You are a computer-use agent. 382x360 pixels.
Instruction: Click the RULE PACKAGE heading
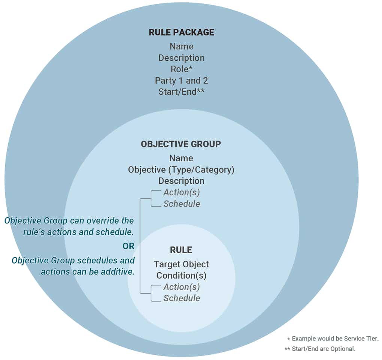coord(181,32)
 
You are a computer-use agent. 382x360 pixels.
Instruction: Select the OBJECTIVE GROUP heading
coord(181,144)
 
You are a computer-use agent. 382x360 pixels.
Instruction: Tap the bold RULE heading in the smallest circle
coord(181,250)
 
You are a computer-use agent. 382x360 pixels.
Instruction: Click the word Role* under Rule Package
coord(181,69)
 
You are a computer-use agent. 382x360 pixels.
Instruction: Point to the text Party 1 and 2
coord(181,81)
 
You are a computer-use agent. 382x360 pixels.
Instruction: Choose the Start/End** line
coord(181,92)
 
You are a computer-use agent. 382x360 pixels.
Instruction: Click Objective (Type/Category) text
coord(181,169)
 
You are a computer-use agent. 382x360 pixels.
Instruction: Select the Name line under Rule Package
coord(181,46)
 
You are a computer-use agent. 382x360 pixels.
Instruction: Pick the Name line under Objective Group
coord(181,158)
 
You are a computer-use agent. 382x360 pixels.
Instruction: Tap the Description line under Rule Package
coord(181,58)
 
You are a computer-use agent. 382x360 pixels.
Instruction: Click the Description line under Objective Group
coord(181,181)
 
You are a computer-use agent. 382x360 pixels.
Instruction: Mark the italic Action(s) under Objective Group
coord(182,192)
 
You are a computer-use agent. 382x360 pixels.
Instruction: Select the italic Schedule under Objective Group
coord(182,204)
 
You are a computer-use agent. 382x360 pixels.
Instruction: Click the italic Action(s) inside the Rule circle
coord(182,287)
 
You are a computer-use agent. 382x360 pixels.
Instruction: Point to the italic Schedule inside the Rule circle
coord(182,298)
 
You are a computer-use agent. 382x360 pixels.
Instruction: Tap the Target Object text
coord(181,264)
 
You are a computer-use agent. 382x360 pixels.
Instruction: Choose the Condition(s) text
coord(181,276)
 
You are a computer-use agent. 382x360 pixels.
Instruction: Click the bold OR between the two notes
coord(128,246)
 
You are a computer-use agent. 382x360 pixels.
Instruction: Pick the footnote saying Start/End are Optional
coord(320,349)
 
